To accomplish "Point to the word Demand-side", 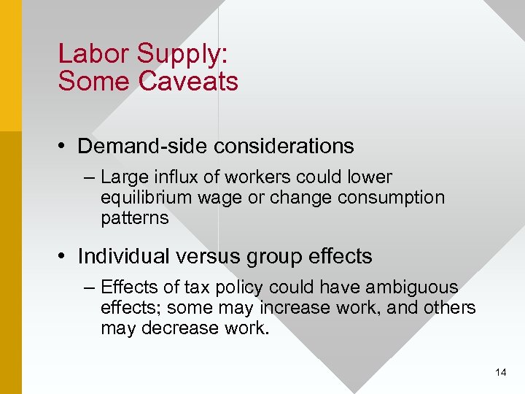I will click(142, 147).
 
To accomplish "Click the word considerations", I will click(284, 147).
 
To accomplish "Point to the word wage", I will click(219, 198).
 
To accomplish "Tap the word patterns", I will click(135, 218).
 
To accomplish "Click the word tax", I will click(196, 287).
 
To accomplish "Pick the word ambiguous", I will click(412, 287).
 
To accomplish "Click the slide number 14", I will click(500, 373).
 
